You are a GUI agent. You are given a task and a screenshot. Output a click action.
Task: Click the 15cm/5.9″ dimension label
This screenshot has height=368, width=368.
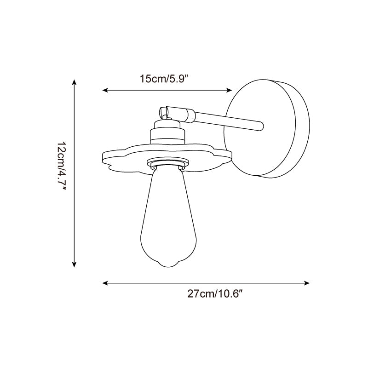coord(164,79)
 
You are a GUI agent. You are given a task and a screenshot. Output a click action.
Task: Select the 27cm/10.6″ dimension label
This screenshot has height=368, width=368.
coord(214,293)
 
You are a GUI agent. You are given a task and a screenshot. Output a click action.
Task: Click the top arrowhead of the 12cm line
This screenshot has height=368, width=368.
coord(74,82)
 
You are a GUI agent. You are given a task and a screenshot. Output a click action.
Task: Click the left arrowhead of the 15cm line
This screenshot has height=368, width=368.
coord(105,90)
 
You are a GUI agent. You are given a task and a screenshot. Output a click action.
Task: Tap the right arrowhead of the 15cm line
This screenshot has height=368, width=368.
coord(229,90)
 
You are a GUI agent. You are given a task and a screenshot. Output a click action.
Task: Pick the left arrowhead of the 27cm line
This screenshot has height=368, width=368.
coord(105,283)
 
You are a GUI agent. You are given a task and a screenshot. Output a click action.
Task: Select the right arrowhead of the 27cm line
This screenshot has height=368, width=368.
coord(307,283)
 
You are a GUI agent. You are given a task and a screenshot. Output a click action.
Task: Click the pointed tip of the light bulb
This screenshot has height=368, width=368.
coord(169,266)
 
